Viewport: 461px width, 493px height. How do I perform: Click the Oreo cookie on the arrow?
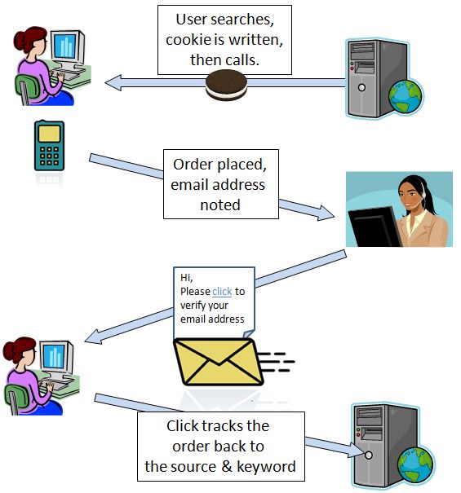226,85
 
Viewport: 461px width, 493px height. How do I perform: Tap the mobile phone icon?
49,146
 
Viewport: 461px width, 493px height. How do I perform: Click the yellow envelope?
219,362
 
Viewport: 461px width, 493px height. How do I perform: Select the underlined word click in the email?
222,292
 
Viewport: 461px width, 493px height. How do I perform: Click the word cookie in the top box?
188,40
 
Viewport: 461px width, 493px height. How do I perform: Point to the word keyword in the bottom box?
266,466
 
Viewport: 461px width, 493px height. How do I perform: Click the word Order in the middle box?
192,165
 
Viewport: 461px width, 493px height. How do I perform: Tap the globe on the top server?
405,96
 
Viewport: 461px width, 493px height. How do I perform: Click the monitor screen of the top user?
65,46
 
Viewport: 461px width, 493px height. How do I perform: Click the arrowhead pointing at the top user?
113,83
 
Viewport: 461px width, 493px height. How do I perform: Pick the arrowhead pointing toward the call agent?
326,213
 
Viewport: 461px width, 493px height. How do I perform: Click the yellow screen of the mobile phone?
49,134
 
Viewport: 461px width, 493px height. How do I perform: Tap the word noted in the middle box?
220,205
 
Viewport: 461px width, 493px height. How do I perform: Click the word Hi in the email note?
186,278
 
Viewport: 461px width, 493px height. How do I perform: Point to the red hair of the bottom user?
19,349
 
